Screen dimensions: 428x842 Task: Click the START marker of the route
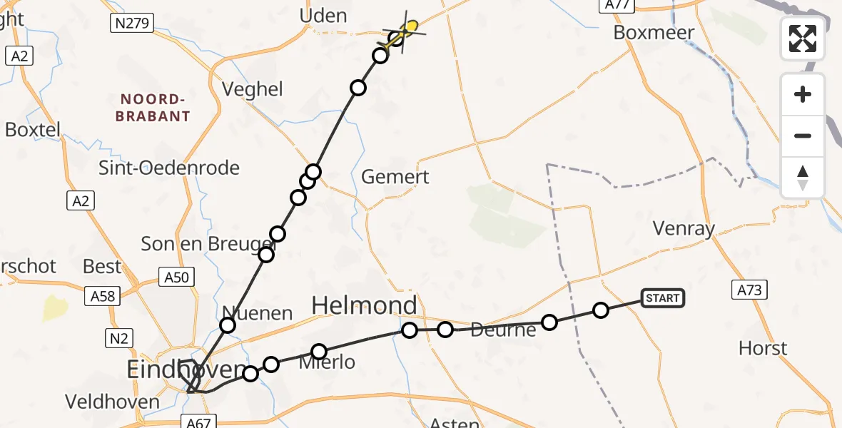click(663, 297)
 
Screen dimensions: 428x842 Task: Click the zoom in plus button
click(803, 94)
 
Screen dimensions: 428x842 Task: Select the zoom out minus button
click(803, 136)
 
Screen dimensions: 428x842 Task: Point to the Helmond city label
click(365, 306)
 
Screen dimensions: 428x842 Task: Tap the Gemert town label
click(395, 177)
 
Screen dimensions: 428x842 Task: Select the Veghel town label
click(253, 89)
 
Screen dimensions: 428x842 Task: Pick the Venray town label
click(684, 229)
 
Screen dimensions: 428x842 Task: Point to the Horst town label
click(763, 348)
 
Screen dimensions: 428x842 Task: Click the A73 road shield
click(750, 289)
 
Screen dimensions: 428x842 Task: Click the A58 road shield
click(104, 295)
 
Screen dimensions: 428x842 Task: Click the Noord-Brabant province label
click(155, 107)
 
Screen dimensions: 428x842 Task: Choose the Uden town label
click(323, 16)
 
